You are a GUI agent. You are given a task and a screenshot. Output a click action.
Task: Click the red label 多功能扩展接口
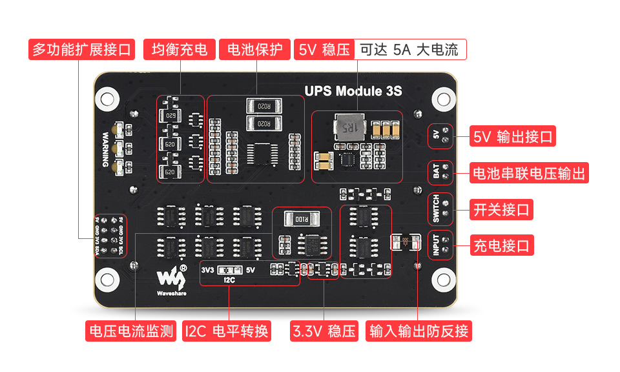click(81, 50)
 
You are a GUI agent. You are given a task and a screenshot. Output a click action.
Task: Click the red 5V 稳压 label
click(324, 50)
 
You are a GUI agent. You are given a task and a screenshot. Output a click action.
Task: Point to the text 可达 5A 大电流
click(409, 50)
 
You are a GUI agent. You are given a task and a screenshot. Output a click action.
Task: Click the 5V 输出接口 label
click(513, 136)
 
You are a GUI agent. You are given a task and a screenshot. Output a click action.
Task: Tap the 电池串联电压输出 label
click(529, 173)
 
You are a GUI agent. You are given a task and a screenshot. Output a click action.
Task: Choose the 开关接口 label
click(502, 209)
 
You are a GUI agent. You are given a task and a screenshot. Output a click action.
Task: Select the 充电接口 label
click(502, 245)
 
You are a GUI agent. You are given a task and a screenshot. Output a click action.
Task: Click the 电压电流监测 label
click(131, 331)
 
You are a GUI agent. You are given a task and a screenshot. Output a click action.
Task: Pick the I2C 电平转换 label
click(227, 331)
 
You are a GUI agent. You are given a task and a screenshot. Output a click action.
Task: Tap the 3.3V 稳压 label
click(324, 331)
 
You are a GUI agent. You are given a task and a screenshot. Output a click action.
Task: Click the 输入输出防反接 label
click(419, 331)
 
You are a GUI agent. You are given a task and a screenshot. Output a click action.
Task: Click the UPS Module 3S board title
click(353, 91)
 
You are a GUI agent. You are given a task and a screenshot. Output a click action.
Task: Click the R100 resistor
click(302, 220)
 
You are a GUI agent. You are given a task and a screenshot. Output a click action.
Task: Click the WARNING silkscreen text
click(106, 150)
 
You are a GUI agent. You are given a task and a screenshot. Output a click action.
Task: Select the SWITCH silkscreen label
click(436, 209)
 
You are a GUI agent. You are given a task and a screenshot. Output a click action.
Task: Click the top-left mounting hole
click(107, 98)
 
